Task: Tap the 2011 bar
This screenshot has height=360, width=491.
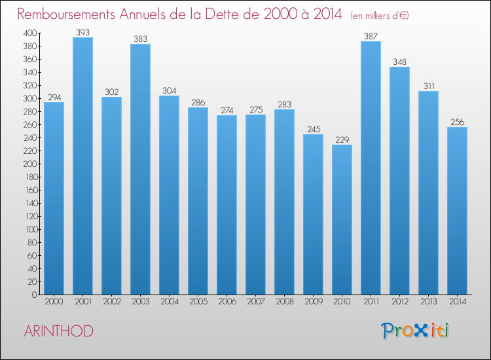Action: coord(371,168)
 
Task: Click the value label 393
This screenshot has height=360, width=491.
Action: coord(82,31)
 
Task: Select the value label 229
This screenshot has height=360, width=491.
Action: coord(342,139)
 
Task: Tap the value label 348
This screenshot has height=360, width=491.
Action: coord(399,61)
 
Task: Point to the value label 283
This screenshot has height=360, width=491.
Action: coord(284,103)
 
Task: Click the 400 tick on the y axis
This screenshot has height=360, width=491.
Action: coord(30,33)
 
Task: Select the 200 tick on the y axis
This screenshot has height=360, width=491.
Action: coord(30,164)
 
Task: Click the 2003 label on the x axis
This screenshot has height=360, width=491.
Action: coord(140,302)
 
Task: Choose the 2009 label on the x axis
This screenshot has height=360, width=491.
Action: coord(313,302)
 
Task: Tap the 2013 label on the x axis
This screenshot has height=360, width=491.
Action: coord(428,302)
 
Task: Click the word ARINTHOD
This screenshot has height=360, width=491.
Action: coord(58,331)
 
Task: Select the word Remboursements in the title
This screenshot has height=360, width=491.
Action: coord(70,14)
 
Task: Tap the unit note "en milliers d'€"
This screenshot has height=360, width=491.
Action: coord(380,15)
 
